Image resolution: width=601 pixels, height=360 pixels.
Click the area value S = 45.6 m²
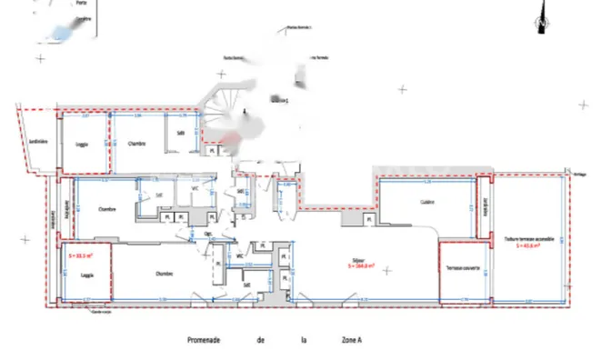pyautogui.click(x=528, y=246)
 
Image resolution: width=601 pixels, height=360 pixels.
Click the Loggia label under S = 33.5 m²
pyautogui.click(x=87, y=274)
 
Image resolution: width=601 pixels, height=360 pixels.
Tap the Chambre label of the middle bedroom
pyautogui.click(x=106, y=208)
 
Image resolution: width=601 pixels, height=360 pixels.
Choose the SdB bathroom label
pyautogui.click(x=181, y=132)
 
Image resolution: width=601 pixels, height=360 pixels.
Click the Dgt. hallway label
pyautogui.click(x=207, y=233)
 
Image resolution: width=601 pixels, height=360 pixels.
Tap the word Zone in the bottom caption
pyautogui.click(x=347, y=341)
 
